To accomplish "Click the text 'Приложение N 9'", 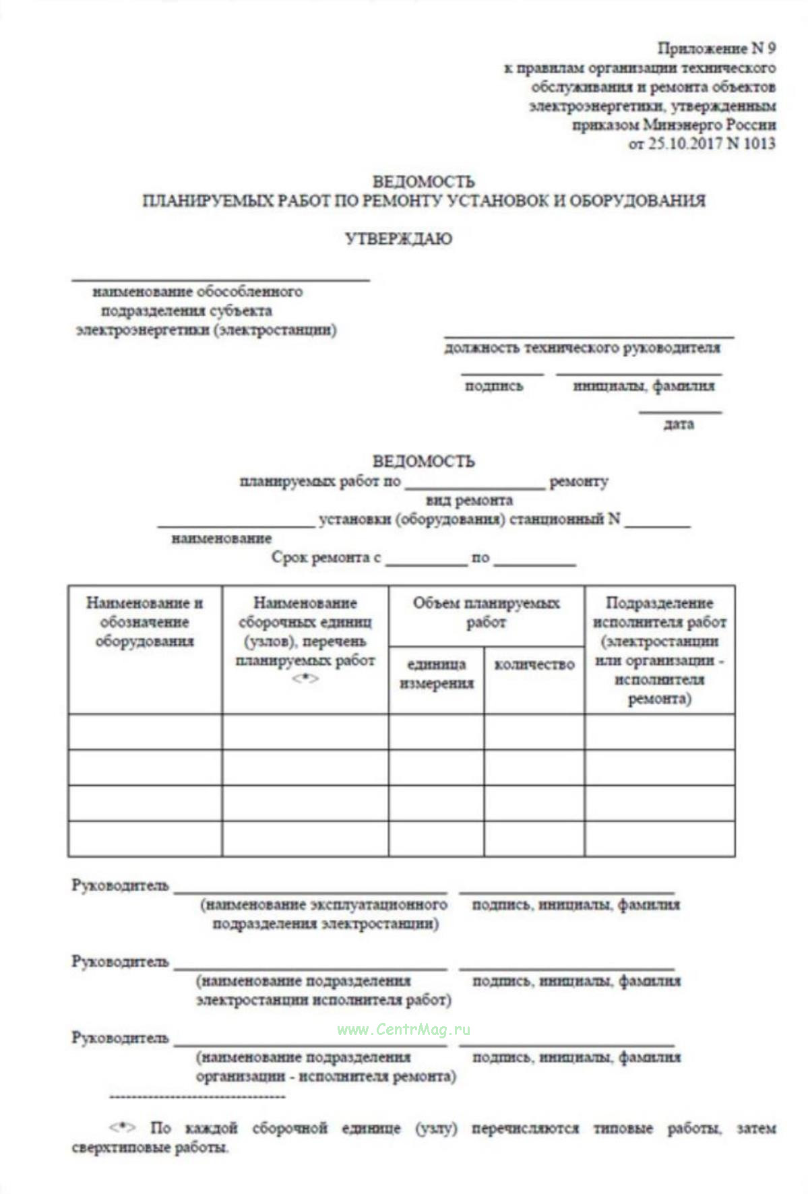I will (716, 49).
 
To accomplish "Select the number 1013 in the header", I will (759, 144).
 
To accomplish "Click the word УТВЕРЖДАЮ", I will (398, 239).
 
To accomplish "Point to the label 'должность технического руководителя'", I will (582, 348).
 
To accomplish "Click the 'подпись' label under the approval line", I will (493, 386).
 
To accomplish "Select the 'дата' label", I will (678, 425).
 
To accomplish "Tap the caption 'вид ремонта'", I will (469, 501).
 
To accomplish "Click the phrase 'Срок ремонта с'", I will (326, 558).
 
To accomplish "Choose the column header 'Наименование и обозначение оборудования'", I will (144, 622).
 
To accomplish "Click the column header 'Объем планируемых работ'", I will (486, 612).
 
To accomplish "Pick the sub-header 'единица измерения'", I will (436, 674).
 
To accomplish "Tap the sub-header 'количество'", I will (534, 665).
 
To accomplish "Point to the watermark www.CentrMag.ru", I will (404, 1030).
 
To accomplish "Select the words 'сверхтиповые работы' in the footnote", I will (150, 1148).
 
